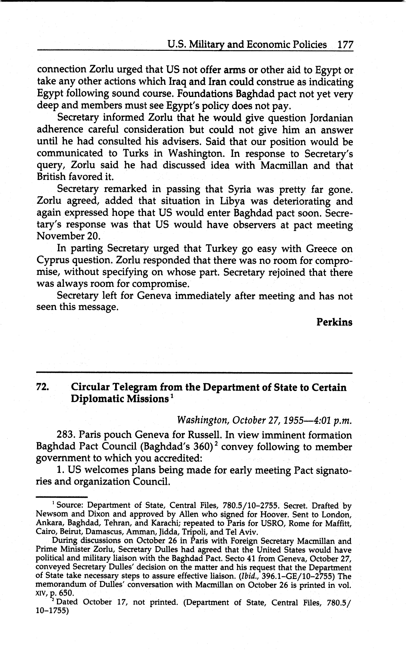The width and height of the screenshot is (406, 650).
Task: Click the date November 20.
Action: click(x=68, y=236)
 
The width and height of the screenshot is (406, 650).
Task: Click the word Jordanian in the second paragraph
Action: click(x=331, y=118)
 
